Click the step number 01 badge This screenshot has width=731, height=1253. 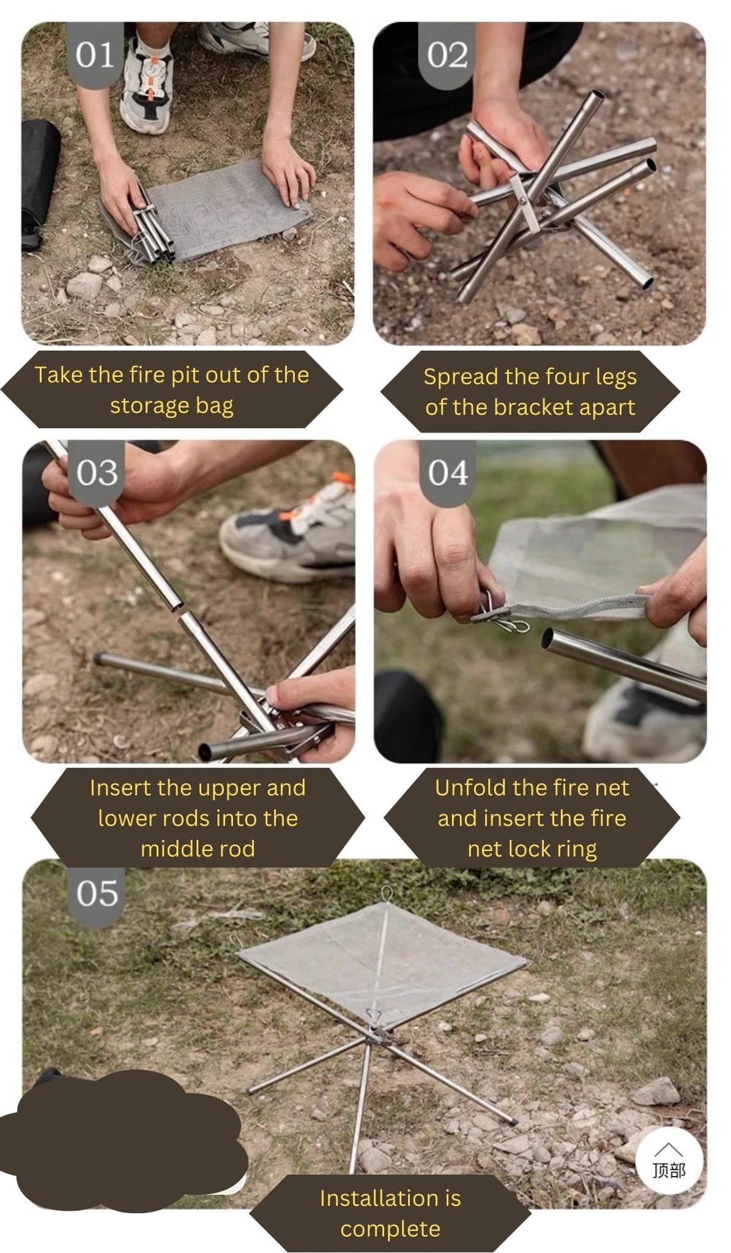tap(95, 55)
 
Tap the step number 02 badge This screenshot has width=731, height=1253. tap(447, 55)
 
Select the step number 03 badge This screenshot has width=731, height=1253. tap(97, 472)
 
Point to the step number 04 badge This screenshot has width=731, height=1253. tap(448, 472)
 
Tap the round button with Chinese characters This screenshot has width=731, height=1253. tap(669, 1161)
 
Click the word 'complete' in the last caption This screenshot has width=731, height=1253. tap(390, 1229)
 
